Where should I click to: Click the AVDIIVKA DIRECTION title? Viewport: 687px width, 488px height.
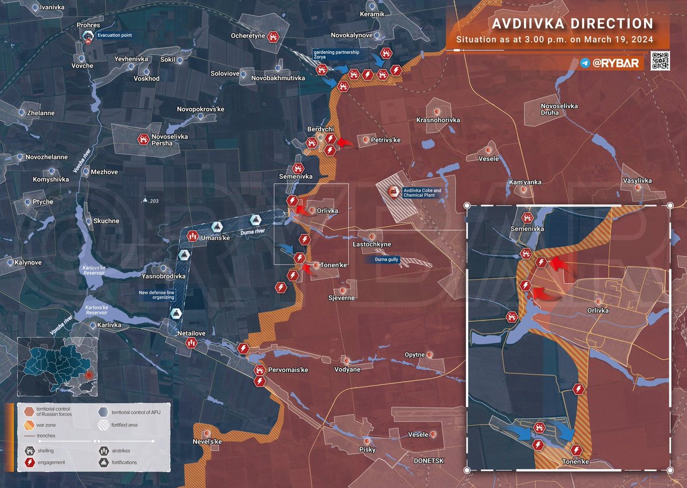pos(572,24)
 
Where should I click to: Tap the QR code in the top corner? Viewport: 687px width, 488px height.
pos(661,61)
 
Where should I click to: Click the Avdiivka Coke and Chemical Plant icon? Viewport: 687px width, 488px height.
pos(393,192)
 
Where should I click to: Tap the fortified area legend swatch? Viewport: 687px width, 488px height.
pos(103,424)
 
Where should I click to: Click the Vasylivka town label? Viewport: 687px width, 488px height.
pos(637,181)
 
